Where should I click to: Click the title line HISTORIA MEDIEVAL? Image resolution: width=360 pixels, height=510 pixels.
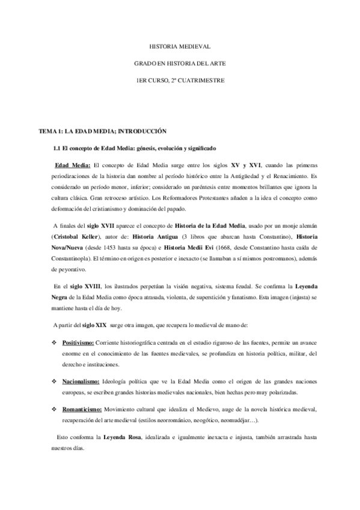tap(180, 46)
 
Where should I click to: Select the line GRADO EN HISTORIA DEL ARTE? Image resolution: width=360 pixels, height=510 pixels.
tap(180, 63)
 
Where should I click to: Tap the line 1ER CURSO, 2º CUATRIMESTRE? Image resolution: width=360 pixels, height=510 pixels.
tap(180, 80)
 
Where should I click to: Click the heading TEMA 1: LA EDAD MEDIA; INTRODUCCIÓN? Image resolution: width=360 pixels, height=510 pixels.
tap(102, 131)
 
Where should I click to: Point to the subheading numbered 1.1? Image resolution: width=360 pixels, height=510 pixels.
tap(135, 147)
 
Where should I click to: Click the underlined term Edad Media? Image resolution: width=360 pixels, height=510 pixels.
tap(72, 165)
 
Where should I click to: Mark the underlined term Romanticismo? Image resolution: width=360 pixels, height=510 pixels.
tap(85, 409)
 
